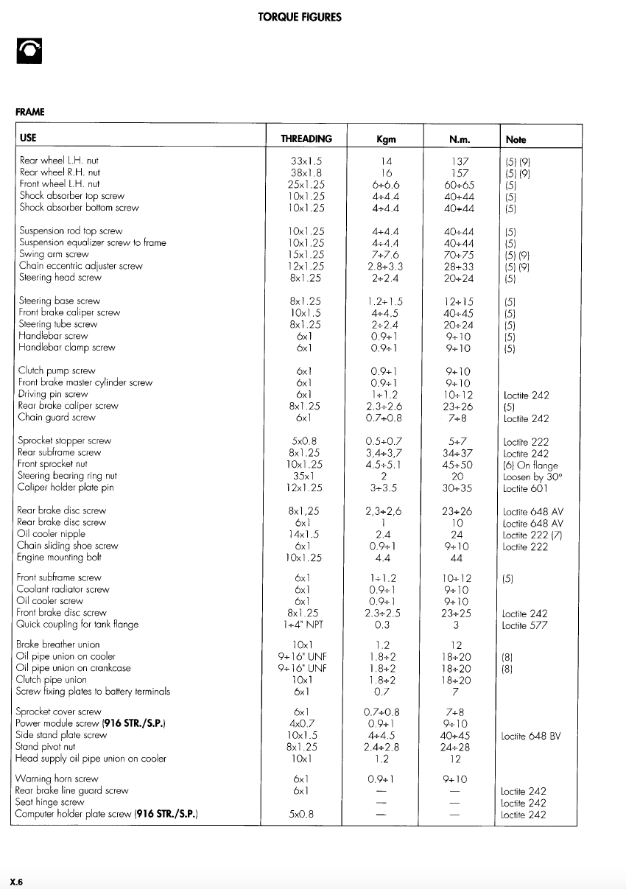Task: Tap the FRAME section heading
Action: click(30, 112)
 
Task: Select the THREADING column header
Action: click(306, 138)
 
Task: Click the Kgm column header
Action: click(386, 139)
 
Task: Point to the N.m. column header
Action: click(459, 139)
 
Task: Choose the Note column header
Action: click(516, 139)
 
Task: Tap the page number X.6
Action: click(17, 881)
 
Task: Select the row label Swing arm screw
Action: click(54, 254)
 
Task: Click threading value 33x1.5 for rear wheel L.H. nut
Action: click(306, 160)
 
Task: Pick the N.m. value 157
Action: click(460, 172)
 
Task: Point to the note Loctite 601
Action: click(525, 488)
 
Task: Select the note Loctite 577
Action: click(525, 625)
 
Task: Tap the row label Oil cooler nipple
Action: click(51, 534)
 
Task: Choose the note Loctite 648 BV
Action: click(531, 735)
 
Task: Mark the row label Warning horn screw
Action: click(57, 779)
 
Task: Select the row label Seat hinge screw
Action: click(50, 802)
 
